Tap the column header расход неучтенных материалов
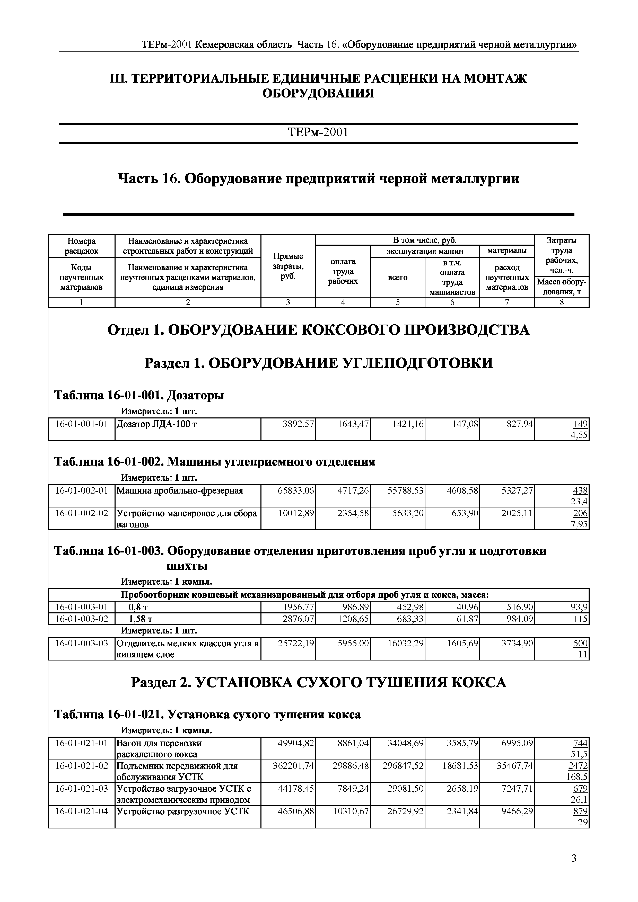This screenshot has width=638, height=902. (x=507, y=277)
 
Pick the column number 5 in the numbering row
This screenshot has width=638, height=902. (x=397, y=302)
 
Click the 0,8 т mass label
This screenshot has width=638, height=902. (x=138, y=607)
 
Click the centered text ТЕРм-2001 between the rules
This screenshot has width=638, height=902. (x=318, y=132)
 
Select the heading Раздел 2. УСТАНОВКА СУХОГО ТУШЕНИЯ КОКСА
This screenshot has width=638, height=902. (x=318, y=683)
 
